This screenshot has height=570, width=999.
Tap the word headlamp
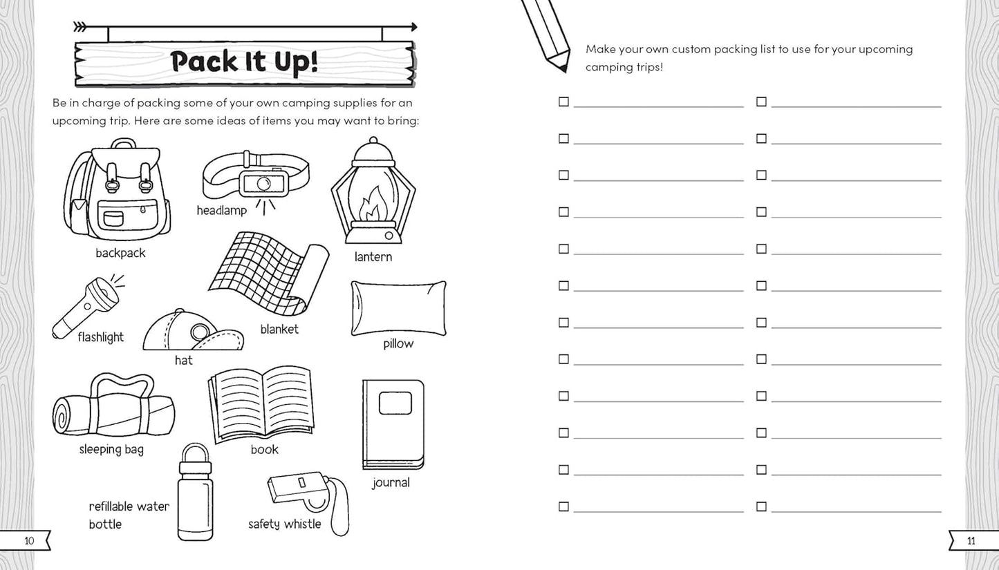point(221,210)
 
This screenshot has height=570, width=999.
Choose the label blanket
point(279,329)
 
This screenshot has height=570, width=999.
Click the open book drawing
point(261,403)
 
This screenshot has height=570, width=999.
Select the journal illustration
point(393,424)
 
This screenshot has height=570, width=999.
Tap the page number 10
point(28,541)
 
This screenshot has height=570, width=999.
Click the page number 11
point(971,541)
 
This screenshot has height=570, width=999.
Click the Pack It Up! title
point(244,61)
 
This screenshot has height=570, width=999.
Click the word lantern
point(373,257)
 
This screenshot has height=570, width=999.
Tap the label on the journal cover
point(395,403)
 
